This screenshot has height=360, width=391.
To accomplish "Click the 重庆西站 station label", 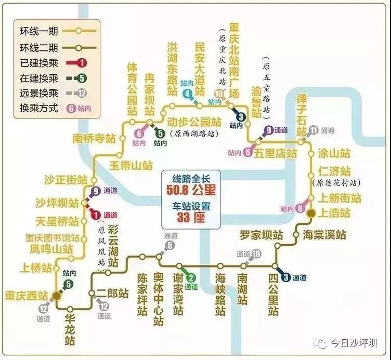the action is pyautogui.click(x=27, y=296).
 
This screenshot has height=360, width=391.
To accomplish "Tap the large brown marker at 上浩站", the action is pyautogui.click(x=311, y=214).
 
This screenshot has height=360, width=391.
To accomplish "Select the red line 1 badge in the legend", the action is pyautogui.click(x=82, y=63).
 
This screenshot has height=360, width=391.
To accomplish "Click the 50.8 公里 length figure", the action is pyautogui.click(x=191, y=190).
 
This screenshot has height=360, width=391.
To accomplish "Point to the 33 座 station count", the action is pyautogui.click(x=191, y=218).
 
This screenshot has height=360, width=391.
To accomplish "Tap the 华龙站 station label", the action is pyautogui.click(x=70, y=329).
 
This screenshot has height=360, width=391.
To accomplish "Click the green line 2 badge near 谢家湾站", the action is pyautogui.click(x=191, y=277).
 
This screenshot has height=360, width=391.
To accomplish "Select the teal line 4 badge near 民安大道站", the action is pyautogui.click(x=187, y=94).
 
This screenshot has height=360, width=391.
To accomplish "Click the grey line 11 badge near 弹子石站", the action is pyautogui.click(x=314, y=130).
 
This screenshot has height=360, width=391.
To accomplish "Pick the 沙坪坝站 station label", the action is pyautogui.click(x=57, y=203).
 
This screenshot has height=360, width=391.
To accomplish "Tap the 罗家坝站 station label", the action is pyautogui.click(x=262, y=235).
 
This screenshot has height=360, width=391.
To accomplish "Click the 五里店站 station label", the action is pyautogui.click(x=275, y=153).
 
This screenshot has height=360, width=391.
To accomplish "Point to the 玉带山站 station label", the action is pyautogui.click(x=131, y=166).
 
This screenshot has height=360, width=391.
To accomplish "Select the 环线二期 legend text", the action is pyautogui.click(x=38, y=47).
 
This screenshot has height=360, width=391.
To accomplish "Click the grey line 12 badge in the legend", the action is pyautogui.click(x=82, y=94).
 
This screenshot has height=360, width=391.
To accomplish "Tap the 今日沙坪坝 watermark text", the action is pyautogui.click(x=354, y=343).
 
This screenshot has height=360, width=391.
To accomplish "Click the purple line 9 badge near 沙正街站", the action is pyautogui.click(x=96, y=191).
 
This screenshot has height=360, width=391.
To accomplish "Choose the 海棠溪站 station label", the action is pyautogui.click(x=324, y=235).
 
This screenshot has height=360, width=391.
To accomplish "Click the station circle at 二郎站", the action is pyautogui.click(x=92, y=293).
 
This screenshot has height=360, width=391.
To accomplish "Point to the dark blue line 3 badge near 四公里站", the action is pyautogui.click(x=286, y=277).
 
